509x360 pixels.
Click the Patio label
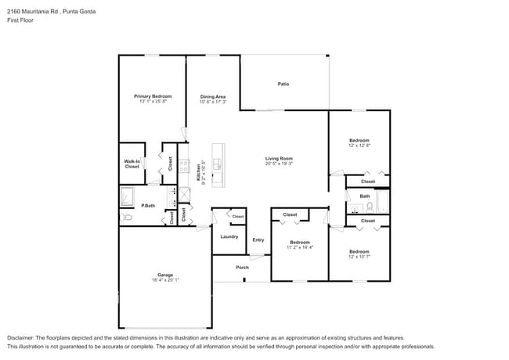click(x=283, y=84)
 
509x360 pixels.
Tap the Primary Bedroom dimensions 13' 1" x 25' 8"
click(x=153, y=101)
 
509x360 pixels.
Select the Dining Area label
click(x=212, y=96)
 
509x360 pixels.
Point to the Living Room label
click(x=279, y=158)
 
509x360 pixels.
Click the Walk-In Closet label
click(x=132, y=164)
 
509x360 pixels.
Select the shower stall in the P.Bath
click(x=128, y=195)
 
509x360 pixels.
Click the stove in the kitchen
click(x=183, y=165)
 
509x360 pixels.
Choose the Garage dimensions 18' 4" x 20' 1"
click(x=165, y=280)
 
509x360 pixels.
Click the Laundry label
click(x=229, y=236)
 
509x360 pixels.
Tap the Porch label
click(x=242, y=268)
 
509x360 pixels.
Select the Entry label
click(x=258, y=240)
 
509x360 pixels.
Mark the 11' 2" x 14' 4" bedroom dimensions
click(x=299, y=247)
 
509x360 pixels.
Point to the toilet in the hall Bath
click(x=370, y=207)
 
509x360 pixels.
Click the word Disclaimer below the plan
click(x=23, y=338)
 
